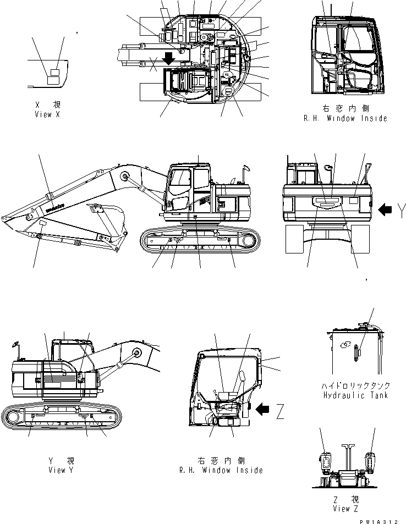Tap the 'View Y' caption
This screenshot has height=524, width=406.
pyautogui.click(x=61, y=470)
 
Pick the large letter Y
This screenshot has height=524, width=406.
pyautogui.click(x=402, y=209)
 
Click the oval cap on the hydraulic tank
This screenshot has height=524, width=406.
pyautogui.click(x=346, y=345)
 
